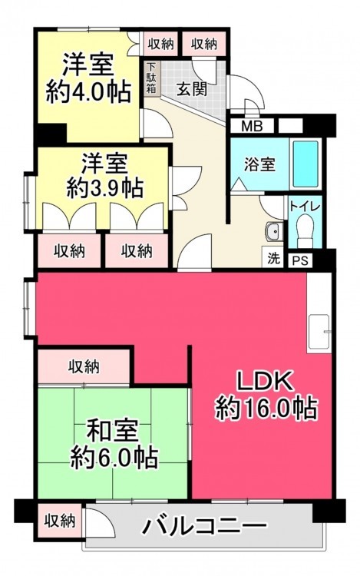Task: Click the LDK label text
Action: pos(265,381)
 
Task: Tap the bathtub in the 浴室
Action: pos(306,164)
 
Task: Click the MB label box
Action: pos(252,126)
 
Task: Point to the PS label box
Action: pos(300,260)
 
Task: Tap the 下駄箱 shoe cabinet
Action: pos(151,78)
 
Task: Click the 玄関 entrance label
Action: pos(192,89)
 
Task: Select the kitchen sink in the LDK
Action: pos(319,331)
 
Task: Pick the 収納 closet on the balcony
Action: pos(60,520)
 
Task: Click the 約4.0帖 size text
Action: pos(88,92)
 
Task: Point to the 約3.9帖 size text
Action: pos(104,189)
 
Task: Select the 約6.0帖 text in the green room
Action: pos(114,457)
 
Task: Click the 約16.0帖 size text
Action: pos(266,409)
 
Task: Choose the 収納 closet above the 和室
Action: pos(84,366)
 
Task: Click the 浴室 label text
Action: pos(259,164)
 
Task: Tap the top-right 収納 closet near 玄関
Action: pos(204,44)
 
